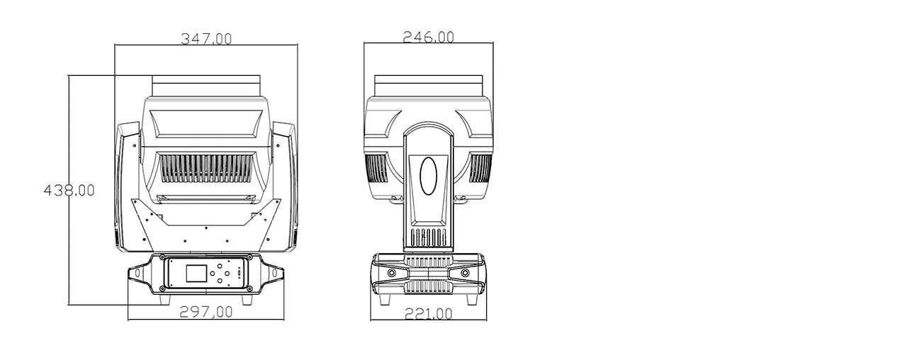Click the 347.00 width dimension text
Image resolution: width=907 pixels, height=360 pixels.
(x=206, y=39)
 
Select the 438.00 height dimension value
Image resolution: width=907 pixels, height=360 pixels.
(x=69, y=190)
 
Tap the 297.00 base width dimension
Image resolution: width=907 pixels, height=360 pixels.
(x=206, y=311)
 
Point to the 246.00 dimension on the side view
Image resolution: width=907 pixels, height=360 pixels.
(x=429, y=37)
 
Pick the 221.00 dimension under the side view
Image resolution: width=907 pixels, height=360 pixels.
(x=429, y=313)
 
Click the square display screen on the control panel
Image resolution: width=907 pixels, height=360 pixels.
(x=196, y=273)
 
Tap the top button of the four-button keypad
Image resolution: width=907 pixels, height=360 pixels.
(x=220, y=266)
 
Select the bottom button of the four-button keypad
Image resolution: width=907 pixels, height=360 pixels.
(x=220, y=280)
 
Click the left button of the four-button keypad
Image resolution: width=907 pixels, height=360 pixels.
(x=212, y=274)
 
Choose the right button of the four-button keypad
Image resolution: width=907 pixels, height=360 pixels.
(x=227, y=274)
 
